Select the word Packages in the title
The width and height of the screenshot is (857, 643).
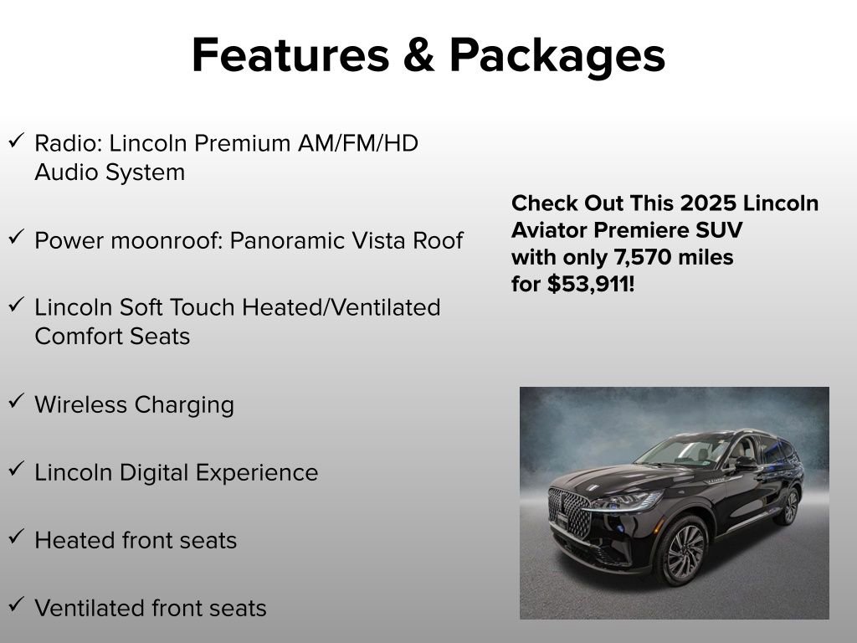tap(557, 57)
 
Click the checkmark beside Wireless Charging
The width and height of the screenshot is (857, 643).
tap(16, 401)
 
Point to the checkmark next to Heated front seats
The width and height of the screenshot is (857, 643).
tap(16, 537)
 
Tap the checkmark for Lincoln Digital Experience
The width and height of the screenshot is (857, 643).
tap(16, 469)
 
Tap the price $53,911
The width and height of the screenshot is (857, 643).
tap(591, 285)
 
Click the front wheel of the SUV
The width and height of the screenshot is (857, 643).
tap(680, 550)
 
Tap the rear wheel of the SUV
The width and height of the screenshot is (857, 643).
tap(788, 507)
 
